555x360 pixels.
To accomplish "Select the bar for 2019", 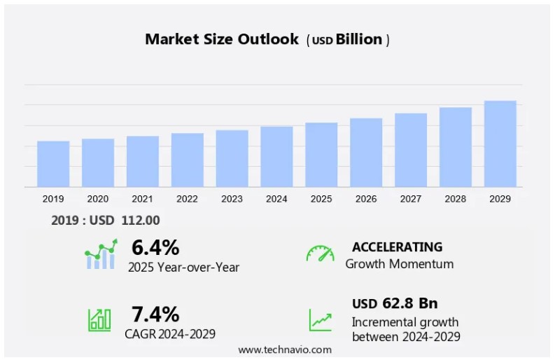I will coord(53,164).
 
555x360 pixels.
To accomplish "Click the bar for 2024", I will coord(276,157).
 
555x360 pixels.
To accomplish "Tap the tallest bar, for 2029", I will coord(500,144).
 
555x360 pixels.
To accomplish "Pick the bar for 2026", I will coord(366,153).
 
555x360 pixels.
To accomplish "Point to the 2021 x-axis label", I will coord(142,199).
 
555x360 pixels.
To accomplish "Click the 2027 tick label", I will coord(410,199).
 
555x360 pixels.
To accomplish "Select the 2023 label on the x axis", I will coord(232,199).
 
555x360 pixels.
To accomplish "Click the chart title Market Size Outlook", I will coord(221,39).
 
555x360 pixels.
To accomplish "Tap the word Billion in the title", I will coord(359,40).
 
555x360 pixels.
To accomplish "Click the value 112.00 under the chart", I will coord(140,220).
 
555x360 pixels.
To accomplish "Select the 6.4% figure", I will coord(155,248).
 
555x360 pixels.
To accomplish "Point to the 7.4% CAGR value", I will coord(155,314).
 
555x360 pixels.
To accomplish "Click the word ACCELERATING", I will coord(397,247).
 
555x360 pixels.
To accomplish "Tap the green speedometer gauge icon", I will coord(320,254).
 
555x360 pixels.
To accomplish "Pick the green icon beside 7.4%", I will coord(99,319).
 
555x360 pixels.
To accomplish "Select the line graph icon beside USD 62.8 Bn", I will coord(321,320).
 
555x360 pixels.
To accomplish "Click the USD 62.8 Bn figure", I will coord(395,303).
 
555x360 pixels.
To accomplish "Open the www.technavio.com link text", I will coord(285,349).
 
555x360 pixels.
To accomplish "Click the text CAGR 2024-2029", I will coord(170,333).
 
